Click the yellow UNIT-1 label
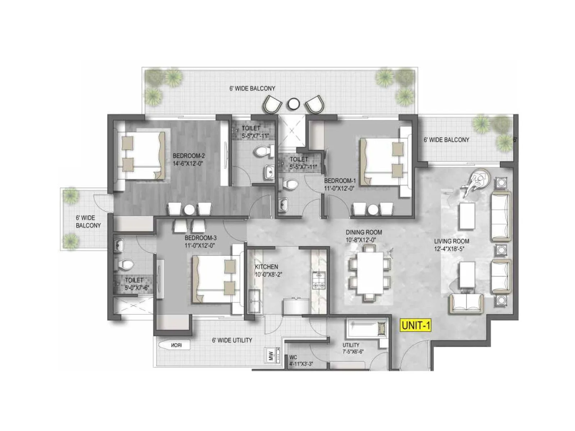pyautogui.click(x=416, y=325)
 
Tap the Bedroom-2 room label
pyautogui.click(x=189, y=156)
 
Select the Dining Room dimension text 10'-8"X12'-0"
pyautogui.click(x=364, y=240)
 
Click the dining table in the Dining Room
pyautogui.click(x=370, y=273)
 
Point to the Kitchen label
pyautogui.click(x=266, y=267)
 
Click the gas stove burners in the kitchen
pyautogui.click(x=319, y=281)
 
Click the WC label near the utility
pyautogui.click(x=293, y=358)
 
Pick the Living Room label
pyautogui.click(x=451, y=241)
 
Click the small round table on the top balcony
pyautogui.click(x=294, y=104)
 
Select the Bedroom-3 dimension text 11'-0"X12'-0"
pyautogui.click(x=200, y=246)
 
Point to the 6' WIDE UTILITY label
pyautogui.click(x=232, y=340)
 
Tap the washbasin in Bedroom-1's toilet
pyautogui.click(x=284, y=205)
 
